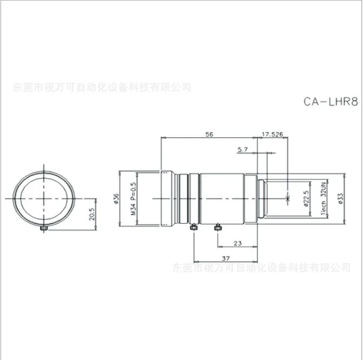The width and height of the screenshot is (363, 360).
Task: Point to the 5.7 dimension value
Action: pos(242,149)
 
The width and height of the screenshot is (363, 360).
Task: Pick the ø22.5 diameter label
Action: pos(305,199)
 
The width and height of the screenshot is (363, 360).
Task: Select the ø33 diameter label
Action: pos(340,199)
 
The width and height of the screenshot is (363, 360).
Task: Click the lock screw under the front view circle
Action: pos(44,230)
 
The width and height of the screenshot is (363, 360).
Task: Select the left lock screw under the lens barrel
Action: pos(193,228)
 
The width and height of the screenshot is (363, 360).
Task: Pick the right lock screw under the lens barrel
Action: pos(217,228)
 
